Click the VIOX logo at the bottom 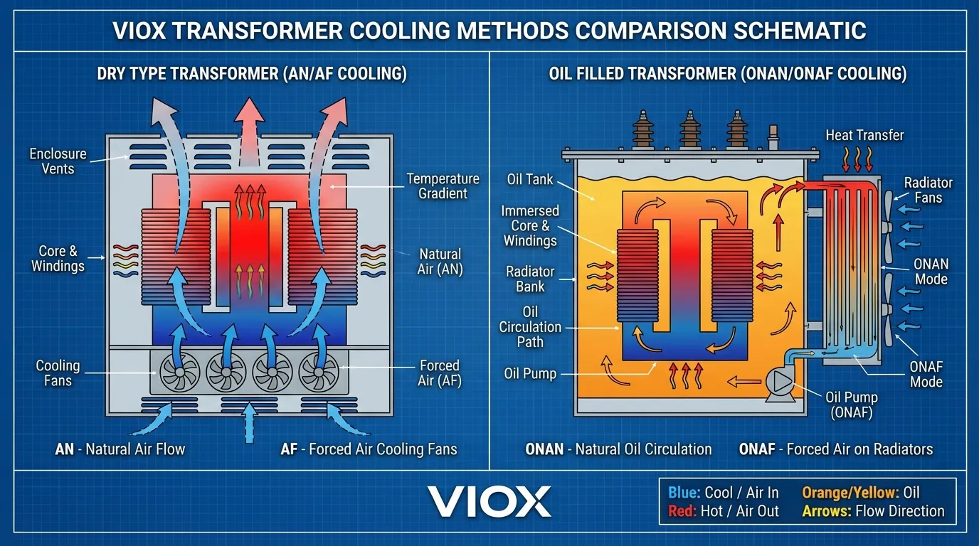pyautogui.click(x=489, y=501)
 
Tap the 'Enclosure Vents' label pyautogui.click(x=58, y=161)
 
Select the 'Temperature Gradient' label pyautogui.click(x=443, y=186)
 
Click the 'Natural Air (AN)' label pyautogui.click(x=440, y=261)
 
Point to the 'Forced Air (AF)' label pyautogui.click(x=439, y=373)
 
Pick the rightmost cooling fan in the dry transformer pyautogui.click(x=318, y=370)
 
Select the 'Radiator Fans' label pyautogui.click(x=928, y=190)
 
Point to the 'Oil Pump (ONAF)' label pyautogui.click(x=852, y=405)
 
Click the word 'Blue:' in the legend pyautogui.click(x=684, y=493)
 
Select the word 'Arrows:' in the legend pyautogui.click(x=827, y=511)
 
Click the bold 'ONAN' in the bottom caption pyautogui.click(x=546, y=449)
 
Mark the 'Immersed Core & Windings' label pyautogui.click(x=530, y=225)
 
